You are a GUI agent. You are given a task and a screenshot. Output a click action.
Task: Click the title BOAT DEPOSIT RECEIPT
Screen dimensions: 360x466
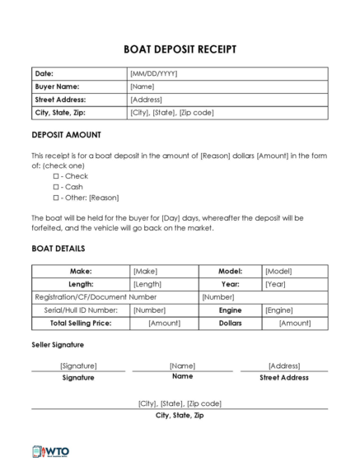coord(180,49)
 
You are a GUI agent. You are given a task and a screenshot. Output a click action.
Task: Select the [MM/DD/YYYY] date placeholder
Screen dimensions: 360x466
coord(154,73)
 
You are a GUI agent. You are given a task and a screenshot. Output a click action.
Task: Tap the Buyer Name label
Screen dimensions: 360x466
coord(57,86)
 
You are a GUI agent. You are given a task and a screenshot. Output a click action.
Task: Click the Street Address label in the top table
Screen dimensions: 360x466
coord(60,100)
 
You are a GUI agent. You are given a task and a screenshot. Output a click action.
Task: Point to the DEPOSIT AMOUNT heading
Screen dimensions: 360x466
coord(66,135)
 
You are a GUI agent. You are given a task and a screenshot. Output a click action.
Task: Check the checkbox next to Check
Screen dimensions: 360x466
coord(56,176)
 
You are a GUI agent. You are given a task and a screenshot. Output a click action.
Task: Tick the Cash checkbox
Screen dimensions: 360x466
coord(56,187)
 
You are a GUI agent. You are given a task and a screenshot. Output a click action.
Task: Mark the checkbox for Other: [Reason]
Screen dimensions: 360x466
coord(56,198)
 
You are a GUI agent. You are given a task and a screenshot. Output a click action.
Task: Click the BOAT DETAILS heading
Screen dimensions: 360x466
coord(58,249)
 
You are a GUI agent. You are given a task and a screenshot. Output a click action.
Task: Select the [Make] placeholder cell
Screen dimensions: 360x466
coord(145,271)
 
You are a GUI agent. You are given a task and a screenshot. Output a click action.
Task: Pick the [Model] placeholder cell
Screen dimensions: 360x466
coord(278,271)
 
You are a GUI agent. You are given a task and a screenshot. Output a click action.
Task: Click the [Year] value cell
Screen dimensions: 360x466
coord(275,284)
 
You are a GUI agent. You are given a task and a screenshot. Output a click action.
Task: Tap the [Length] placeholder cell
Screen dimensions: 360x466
coord(147,284)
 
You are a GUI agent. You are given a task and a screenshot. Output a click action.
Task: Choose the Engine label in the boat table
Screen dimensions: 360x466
coord(230,310)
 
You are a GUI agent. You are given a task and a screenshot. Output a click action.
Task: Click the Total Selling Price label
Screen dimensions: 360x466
coord(81,324)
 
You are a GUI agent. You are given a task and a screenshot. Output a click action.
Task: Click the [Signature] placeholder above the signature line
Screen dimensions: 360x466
coord(78,366)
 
